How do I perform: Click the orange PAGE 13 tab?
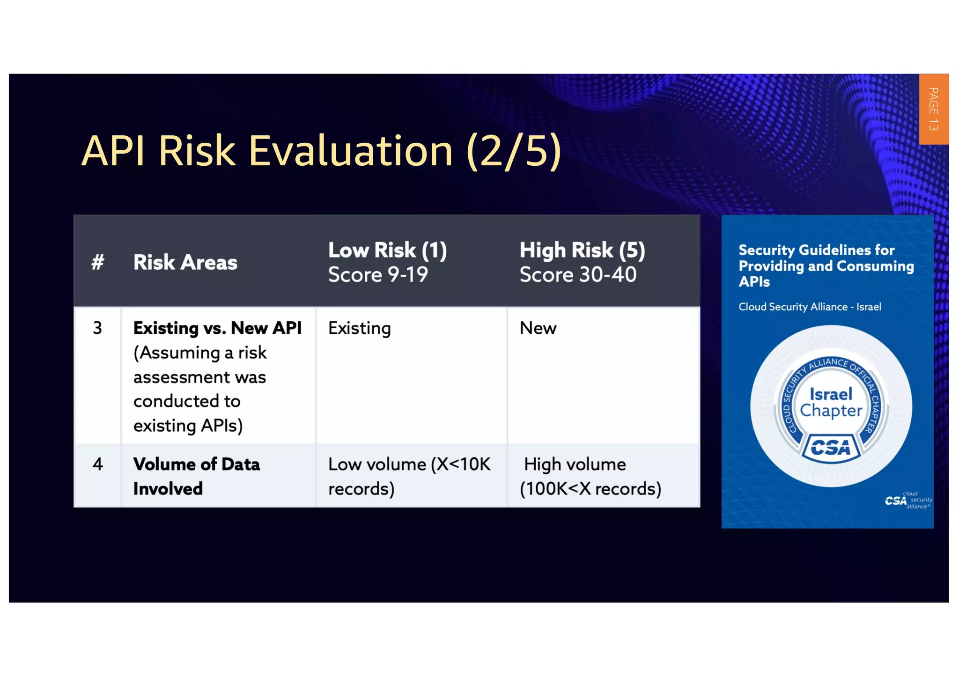point(933,109)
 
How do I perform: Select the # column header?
point(97,262)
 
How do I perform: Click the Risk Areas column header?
point(185,262)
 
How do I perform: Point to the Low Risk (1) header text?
point(387,250)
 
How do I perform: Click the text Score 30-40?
point(578,275)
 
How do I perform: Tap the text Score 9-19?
point(378,275)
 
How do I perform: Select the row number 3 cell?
point(97,328)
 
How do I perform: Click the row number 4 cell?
point(97,464)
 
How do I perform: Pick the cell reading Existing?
point(359,328)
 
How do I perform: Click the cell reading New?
point(538,328)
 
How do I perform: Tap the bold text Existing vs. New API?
point(217,328)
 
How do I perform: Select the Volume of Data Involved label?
point(196,476)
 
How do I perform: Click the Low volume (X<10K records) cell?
point(409,476)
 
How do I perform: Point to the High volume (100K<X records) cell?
point(590,476)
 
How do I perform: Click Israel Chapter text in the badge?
point(831,402)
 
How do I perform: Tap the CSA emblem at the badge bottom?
point(831,448)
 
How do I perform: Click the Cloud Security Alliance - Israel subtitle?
point(810,307)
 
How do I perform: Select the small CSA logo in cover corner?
point(907,501)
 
